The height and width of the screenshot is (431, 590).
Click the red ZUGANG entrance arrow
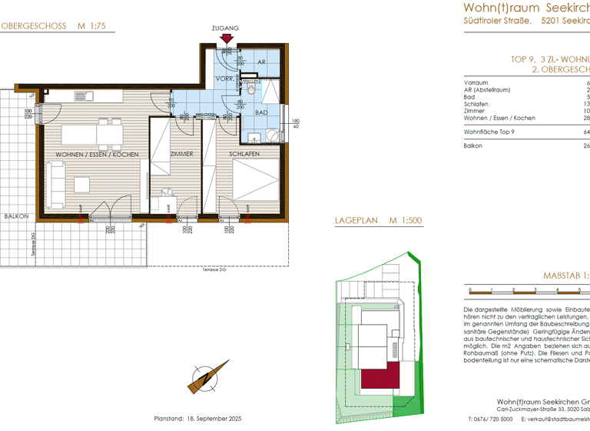225,38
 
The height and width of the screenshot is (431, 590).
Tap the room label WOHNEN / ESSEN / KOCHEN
97,155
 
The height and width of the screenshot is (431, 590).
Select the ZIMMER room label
182,155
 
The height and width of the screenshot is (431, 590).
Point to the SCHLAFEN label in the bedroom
244,155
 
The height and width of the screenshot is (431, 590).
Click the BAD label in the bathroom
261,112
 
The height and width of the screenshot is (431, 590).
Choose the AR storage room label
261,62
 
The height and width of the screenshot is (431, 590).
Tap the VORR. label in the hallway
224,79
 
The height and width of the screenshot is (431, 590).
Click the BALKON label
15,216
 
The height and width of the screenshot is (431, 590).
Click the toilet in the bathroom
250,89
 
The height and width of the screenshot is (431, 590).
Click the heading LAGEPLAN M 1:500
378,221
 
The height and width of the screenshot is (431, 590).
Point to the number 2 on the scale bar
512,291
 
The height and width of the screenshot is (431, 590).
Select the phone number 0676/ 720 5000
495,420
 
